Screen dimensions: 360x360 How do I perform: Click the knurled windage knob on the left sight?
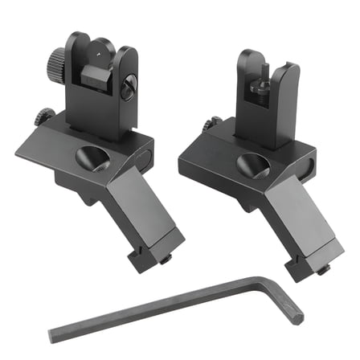(55, 58)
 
